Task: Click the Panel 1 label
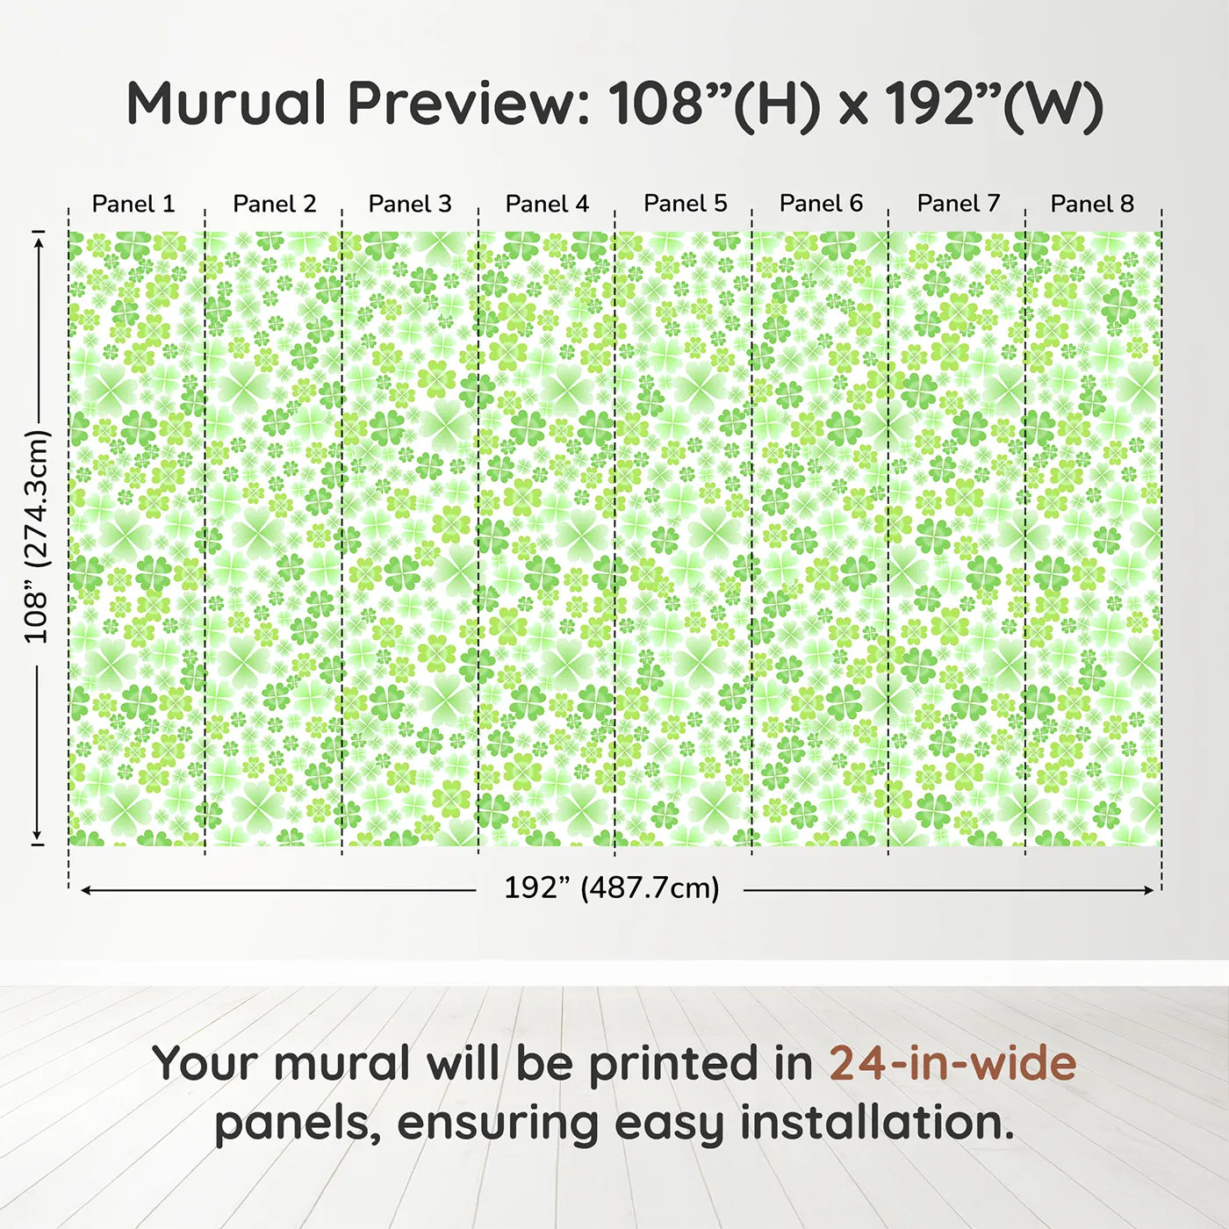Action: (133, 204)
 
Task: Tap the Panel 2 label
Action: (274, 204)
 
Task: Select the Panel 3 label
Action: (410, 204)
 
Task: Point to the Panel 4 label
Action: (547, 204)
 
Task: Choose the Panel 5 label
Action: (686, 204)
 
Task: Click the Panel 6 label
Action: (822, 204)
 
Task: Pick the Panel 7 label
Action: (959, 204)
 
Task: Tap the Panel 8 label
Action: (1092, 204)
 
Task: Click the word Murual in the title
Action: (226, 104)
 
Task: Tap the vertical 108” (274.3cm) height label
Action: (37, 536)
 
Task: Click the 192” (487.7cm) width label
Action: (611, 888)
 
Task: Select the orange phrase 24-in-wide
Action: (952, 1063)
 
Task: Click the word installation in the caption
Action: (876, 1122)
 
